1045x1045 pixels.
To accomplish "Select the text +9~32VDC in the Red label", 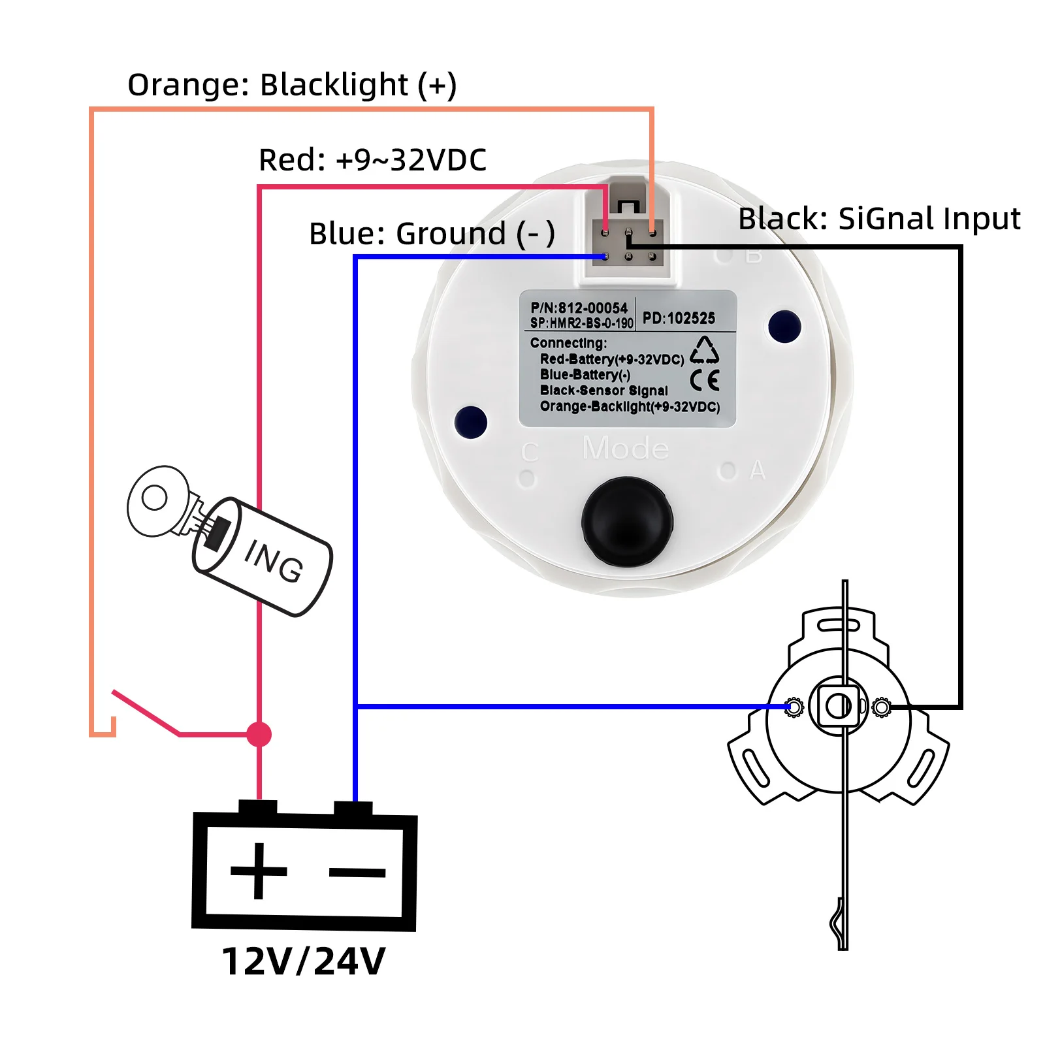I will tap(411, 160).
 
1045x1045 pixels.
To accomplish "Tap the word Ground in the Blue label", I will tap(451, 234).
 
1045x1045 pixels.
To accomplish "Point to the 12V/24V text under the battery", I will tap(304, 961).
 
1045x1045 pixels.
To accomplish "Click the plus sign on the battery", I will tap(259, 871).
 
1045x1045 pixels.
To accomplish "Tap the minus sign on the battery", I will tap(357, 872).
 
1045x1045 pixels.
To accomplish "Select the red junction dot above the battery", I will tap(259, 734).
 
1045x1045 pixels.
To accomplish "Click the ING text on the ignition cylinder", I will tap(274, 561).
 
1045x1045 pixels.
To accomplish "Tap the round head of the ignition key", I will tap(157, 500).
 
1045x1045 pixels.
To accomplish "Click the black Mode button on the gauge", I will tap(627, 521).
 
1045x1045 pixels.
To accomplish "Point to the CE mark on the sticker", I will tap(705, 380).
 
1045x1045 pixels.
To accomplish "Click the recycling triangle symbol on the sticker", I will tap(704, 350).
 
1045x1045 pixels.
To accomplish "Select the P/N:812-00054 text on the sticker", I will tap(579, 308).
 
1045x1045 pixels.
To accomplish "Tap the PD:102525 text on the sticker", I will tap(679, 318).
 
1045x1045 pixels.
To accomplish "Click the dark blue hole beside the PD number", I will tap(784, 327).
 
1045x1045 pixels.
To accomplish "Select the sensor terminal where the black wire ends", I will tap(881, 707).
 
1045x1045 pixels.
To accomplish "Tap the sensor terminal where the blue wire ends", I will tap(794, 707).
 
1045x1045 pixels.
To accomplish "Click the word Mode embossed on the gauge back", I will tap(625, 449).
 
